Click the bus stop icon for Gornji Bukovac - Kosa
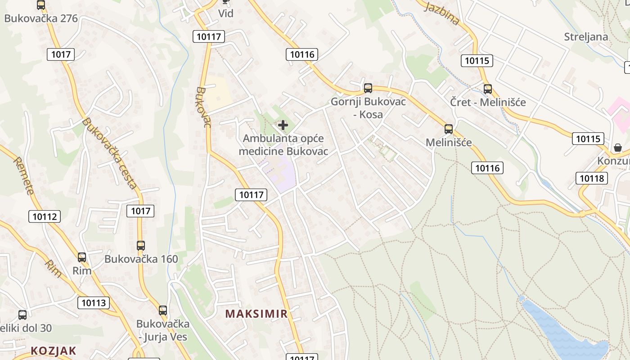tap(368, 88)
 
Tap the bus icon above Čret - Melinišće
tap(488, 89)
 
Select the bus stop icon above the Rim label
tap(81, 257)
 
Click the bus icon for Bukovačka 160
tap(141, 246)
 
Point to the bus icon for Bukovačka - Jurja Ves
tap(163, 310)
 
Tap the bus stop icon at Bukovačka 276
tap(41, 5)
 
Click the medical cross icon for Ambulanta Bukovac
tap(283, 125)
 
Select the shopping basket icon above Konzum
tap(618, 148)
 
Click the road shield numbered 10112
tap(45, 216)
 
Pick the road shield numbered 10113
tap(94, 303)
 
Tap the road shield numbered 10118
tap(592, 178)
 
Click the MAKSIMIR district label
tap(256, 314)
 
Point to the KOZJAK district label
tap(54, 350)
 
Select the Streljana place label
tap(586, 37)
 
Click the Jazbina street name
tap(441, 14)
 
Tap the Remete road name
tap(23, 175)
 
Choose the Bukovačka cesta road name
tap(110, 153)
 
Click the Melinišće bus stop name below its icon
tap(449, 143)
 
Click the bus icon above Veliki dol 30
tap(22, 315)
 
